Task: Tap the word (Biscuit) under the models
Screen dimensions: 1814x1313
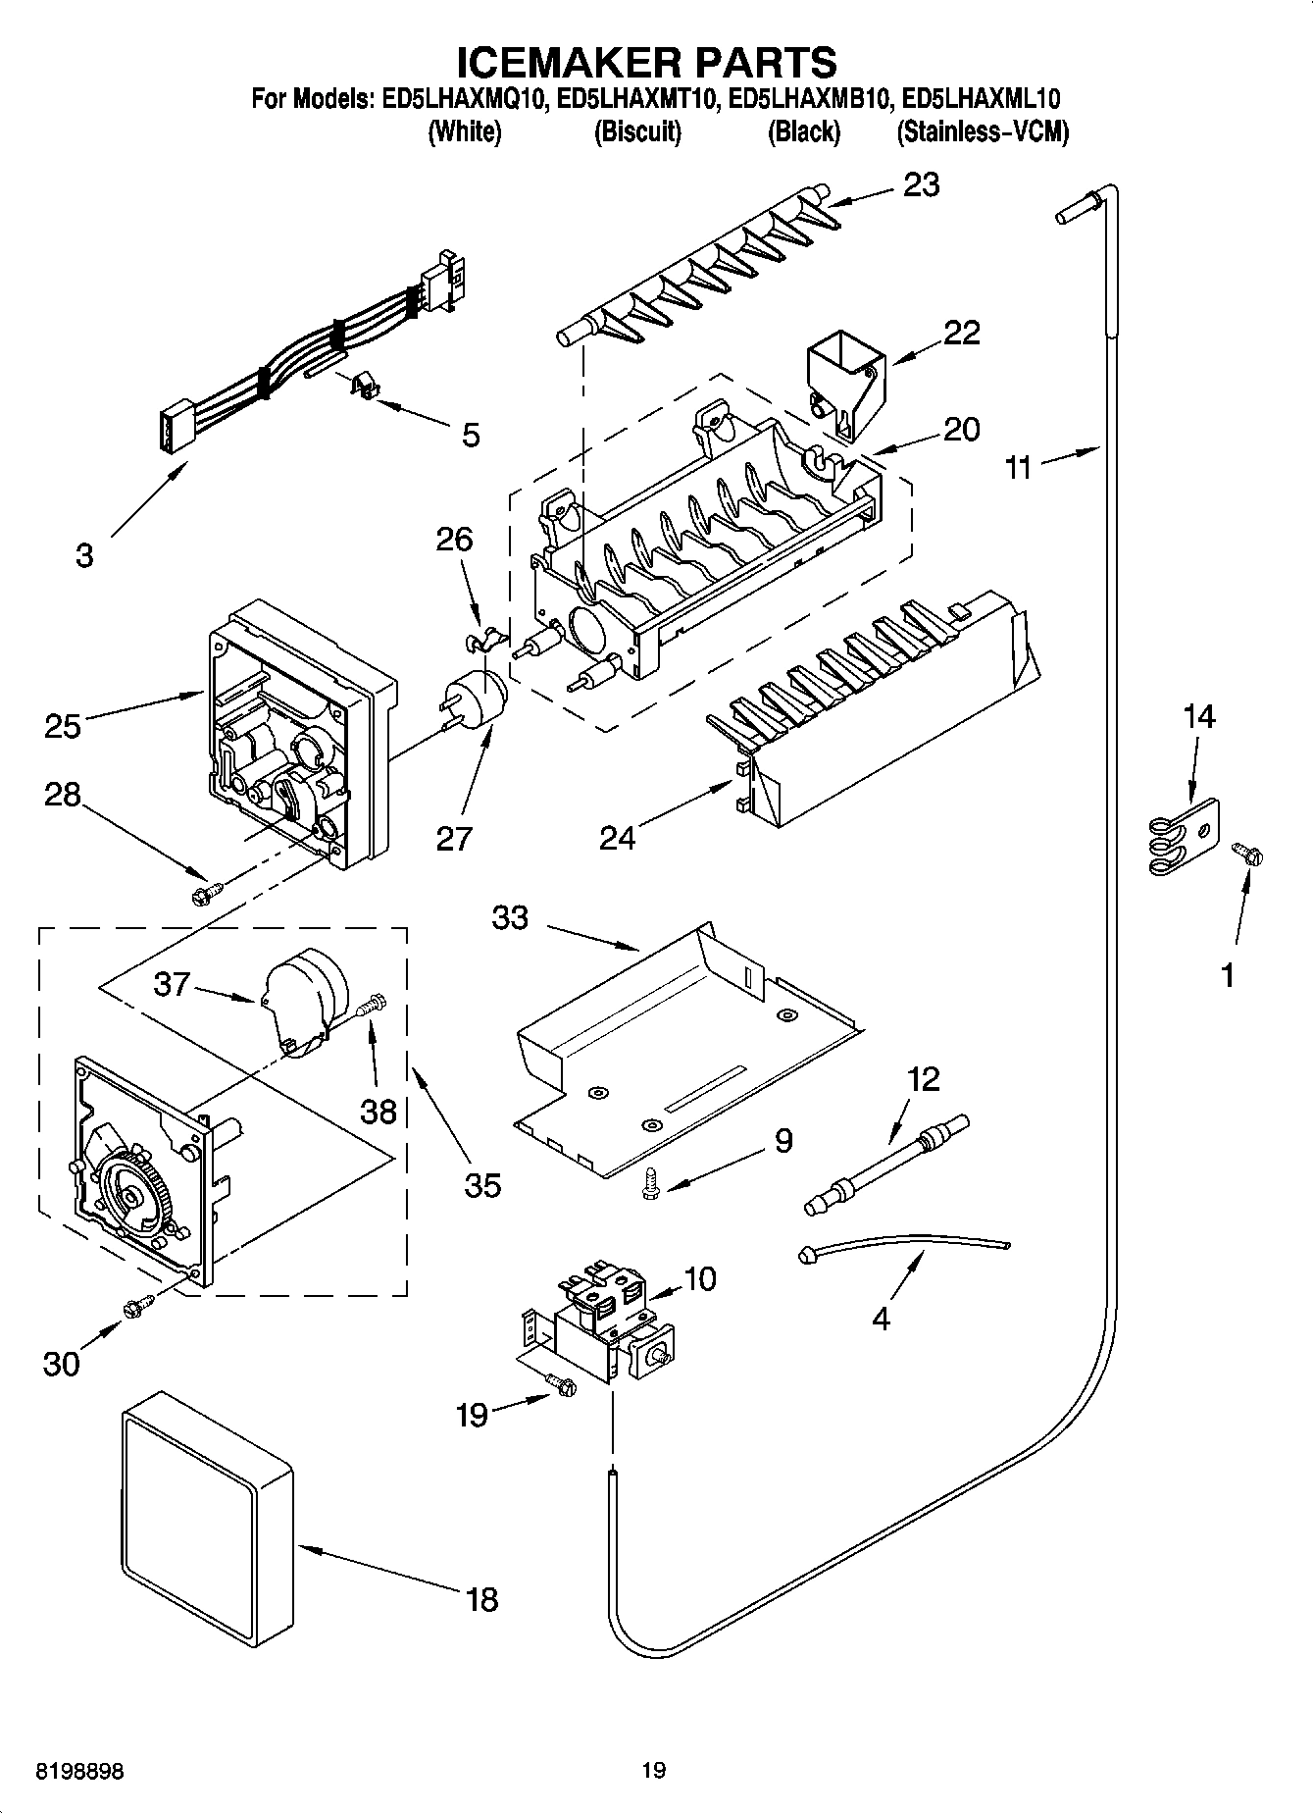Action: click(x=637, y=132)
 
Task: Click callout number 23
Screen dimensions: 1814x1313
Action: click(x=921, y=184)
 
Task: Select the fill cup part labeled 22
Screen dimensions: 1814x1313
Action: click(x=843, y=377)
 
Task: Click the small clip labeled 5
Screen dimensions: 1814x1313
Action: click(x=365, y=385)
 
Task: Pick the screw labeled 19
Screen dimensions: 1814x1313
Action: click(x=563, y=1384)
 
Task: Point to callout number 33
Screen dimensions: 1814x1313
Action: click(x=510, y=918)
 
